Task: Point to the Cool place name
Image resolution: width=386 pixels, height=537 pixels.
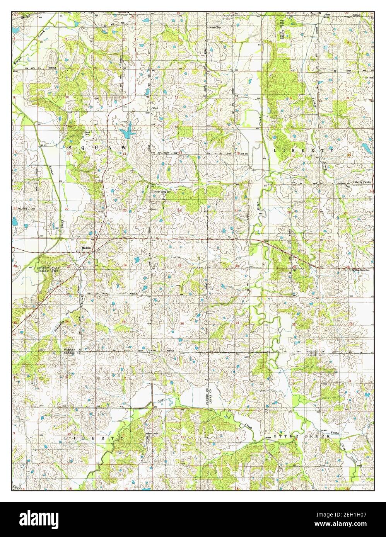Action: (156, 108)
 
